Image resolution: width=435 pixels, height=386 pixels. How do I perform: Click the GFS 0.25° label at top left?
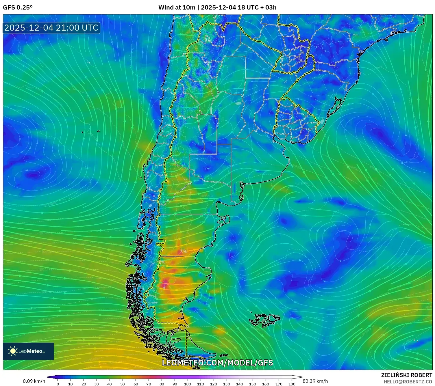tap(18, 8)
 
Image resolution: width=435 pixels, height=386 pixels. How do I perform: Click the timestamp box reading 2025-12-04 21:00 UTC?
tap(51, 28)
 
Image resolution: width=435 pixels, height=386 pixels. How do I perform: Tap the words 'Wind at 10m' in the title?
tap(177, 8)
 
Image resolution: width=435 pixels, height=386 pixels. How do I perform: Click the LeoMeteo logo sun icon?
tap(13, 351)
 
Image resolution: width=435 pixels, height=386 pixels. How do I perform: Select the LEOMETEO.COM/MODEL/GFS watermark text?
tap(217, 363)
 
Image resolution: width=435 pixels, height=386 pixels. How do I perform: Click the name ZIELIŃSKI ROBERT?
tap(406, 375)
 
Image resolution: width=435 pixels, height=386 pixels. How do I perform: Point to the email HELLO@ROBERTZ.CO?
tap(408, 382)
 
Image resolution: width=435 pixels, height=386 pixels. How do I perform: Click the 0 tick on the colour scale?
tap(58, 384)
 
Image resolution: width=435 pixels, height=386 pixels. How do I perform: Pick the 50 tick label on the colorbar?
tap(123, 384)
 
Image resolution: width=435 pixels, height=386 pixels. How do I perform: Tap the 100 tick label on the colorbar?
tap(188, 384)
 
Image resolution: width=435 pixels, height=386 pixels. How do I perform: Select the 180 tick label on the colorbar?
tap(292, 384)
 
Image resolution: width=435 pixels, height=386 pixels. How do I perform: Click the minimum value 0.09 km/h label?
tap(34, 381)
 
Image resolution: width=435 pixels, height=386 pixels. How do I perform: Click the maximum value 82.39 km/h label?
tap(315, 381)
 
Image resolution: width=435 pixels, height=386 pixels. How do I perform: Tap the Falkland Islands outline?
tap(264, 320)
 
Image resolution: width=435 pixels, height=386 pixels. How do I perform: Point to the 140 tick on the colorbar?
tap(240, 384)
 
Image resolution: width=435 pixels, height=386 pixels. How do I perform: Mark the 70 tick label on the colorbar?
tap(149, 384)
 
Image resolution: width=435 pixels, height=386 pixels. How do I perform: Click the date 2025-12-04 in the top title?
tap(218, 8)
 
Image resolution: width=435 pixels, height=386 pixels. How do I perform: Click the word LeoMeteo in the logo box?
tap(30, 351)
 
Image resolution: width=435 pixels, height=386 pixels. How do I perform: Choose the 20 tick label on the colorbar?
tap(84, 384)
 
